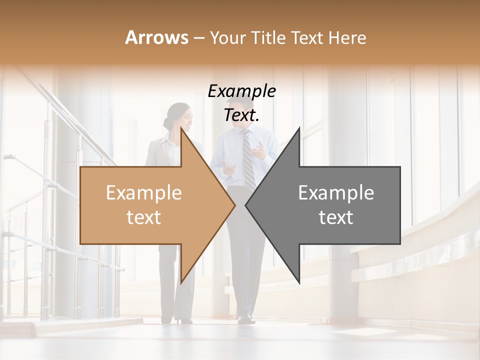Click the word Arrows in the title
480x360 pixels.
click(x=157, y=37)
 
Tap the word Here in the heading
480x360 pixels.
click(x=347, y=37)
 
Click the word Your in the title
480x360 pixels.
click(x=226, y=37)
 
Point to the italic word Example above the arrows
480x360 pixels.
click(x=241, y=91)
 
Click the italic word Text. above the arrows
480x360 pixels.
click(x=241, y=115)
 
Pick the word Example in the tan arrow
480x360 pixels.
click(x=143, y=193)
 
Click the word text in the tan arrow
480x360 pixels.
click(x=143, y=217)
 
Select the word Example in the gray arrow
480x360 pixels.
click(x=336, y=193)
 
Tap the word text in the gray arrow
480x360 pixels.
click(x=336, y=217)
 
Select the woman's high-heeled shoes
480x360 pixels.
click(x=183, y=319)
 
